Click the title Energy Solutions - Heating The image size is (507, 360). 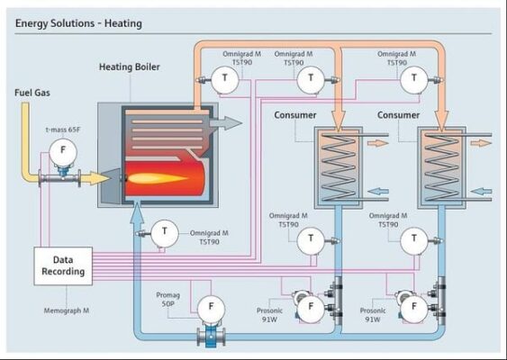point(78,23)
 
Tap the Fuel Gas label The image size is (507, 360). point(32,93)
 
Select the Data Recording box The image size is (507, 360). point(63,266)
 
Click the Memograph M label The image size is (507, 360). point(67,310)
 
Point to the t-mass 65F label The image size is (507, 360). point(63,130)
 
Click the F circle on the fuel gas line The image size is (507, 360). point(63,152)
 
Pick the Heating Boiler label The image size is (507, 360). point(130,67)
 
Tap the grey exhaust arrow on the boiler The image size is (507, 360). point(226,123)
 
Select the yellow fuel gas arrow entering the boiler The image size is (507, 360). point(95,178)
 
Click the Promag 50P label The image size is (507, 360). point(167,299)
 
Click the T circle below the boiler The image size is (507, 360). point(165,233)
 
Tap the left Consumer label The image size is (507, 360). point(295,115)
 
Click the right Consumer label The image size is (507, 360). point(398,115)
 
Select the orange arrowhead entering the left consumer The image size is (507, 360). point(339,121)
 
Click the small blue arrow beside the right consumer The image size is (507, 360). point(481,192)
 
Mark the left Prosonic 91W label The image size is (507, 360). point(269,315)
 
